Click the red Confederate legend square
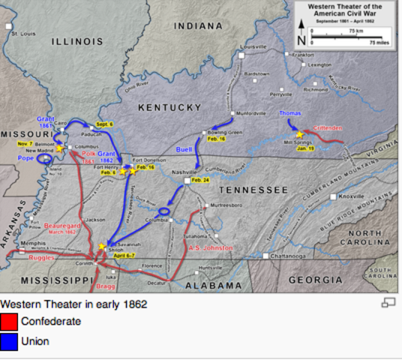(9, 322)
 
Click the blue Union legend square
(9, 341)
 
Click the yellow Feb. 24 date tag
(200, 181)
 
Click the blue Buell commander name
(185, 150)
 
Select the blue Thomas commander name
(289, 113)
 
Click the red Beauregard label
(61, 224)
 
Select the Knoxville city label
(352, 196)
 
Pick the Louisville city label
(253, 46)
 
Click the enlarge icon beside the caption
(388, 302)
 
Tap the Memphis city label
(32, 244)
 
